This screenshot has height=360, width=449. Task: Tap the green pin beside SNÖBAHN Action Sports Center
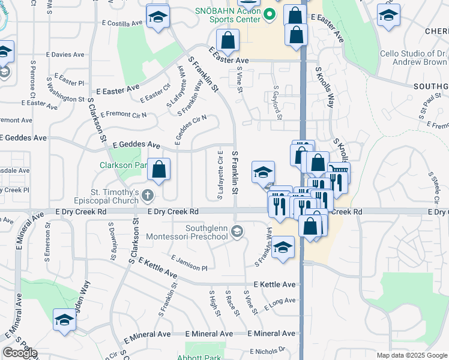click(x=270, y=14)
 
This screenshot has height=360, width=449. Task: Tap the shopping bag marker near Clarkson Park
click(x=159, y=170)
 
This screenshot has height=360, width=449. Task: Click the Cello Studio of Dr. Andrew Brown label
click(x=414, y=58)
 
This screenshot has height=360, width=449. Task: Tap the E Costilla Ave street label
click(x=122, y=23)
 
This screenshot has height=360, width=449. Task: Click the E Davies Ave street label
click(x=68, y=54)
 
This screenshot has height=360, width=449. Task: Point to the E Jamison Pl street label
click(x=188, y=262)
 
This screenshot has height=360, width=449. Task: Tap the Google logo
click(x=20, y=353)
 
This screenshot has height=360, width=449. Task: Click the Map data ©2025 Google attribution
click(x=411, y=355)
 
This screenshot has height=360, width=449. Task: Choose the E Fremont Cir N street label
click(x=124, y=114)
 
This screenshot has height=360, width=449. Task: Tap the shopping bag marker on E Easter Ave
click(x=228, y=41)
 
